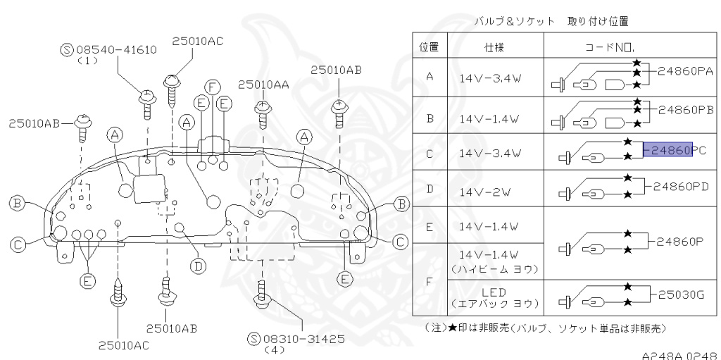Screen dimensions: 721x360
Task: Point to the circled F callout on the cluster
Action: tap(209, 87)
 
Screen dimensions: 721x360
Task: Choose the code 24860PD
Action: tap(680, 187)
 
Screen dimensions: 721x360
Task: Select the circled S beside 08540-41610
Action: tap(67, 49)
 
